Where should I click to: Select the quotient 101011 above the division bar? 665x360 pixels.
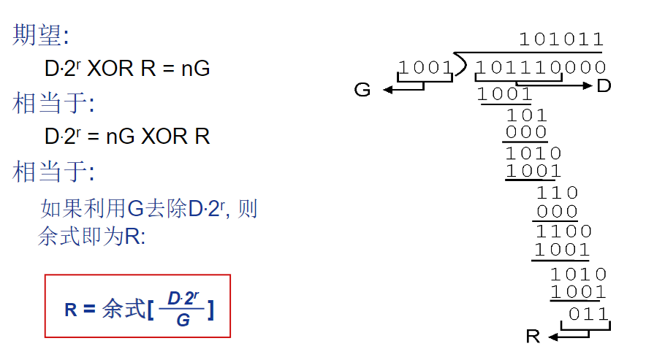click(x=561, y=39)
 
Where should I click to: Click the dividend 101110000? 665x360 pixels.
click(x=540, y=68)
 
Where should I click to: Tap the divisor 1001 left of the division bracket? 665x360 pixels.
click(x=426, y=68)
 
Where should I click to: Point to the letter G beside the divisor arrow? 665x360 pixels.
click(x=362, y=90)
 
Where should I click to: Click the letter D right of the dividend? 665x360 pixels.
click(x=604, y=86)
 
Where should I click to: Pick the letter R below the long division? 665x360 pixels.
click(x=533, y=337)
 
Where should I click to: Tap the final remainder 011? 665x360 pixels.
click(x=588, y=314)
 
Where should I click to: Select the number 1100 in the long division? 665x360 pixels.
click(x=563, y=231)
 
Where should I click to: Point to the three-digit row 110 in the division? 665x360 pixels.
click(x=557, y=193)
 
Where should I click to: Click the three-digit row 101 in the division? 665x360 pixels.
click(x=526, y=115)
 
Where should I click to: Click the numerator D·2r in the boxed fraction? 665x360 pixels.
click(x=183, y=298)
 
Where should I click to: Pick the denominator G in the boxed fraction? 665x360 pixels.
click(x=183, y=320)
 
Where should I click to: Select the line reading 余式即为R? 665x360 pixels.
click(x=92, y=237)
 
